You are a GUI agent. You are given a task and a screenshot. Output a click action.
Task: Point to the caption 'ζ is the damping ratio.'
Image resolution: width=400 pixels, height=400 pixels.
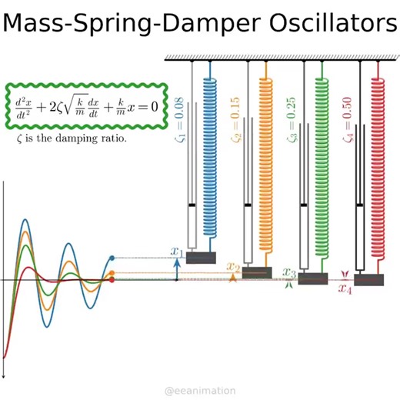pyautogui.click(x=70, y=140)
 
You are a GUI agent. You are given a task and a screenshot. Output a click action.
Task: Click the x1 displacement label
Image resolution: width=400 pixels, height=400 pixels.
pyautogui.click(x=177, y=252)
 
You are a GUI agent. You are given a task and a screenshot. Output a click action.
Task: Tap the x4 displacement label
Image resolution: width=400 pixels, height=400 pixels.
pyautogui.click(x=345, y=290)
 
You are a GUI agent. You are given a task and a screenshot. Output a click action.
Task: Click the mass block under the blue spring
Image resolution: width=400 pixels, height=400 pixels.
pyautogui.click(x=202, y=258)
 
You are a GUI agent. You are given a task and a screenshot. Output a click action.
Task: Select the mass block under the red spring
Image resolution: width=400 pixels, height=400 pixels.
pyautogui.click(x=370, y=279)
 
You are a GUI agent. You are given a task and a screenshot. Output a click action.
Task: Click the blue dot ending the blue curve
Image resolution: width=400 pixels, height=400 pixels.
pyautogui.click(x=112, y=258)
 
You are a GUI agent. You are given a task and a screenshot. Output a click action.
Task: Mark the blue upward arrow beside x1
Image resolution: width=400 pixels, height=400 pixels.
pyautogui.click(x=178, y=269)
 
